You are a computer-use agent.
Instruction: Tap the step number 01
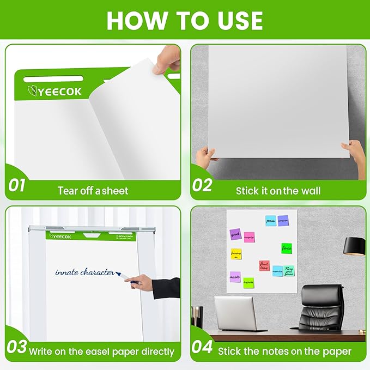coord(17,185)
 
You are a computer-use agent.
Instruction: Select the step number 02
coord(202,185)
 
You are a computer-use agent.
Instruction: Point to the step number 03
coord(17,347)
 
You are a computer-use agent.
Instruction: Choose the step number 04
coord(203,347)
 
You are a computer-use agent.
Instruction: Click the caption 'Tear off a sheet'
coord(93,191)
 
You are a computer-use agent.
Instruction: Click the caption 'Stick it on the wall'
coord(278,191)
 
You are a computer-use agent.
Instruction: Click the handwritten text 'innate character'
coord(84,272)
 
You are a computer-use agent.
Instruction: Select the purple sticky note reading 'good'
coord(235,233)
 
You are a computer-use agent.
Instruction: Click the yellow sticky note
coord(236,254)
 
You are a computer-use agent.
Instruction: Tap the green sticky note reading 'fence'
coord(287,248)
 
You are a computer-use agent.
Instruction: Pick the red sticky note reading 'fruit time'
coord(264,265)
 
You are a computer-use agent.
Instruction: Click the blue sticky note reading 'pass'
coord(271,220)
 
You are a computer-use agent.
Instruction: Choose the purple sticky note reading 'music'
coord(235,277)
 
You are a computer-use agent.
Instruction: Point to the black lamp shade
coord(354,246)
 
